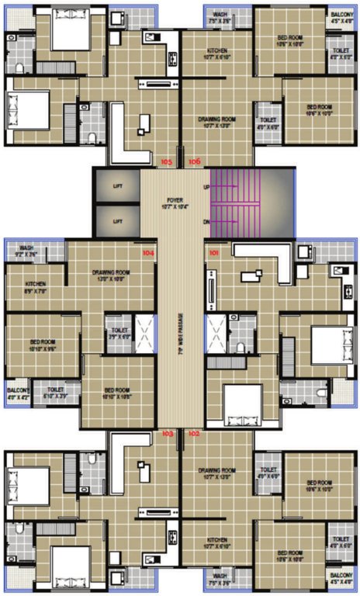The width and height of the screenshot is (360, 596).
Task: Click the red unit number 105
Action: tap(167, 161)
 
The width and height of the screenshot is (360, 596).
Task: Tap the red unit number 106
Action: tap(194, 161)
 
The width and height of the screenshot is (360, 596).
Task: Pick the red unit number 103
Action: tap(167, 435)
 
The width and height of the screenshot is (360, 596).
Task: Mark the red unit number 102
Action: tap(194, 435)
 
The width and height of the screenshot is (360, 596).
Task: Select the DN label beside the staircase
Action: tap(207, 222)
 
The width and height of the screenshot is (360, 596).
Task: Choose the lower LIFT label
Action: tap(118, 221)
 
